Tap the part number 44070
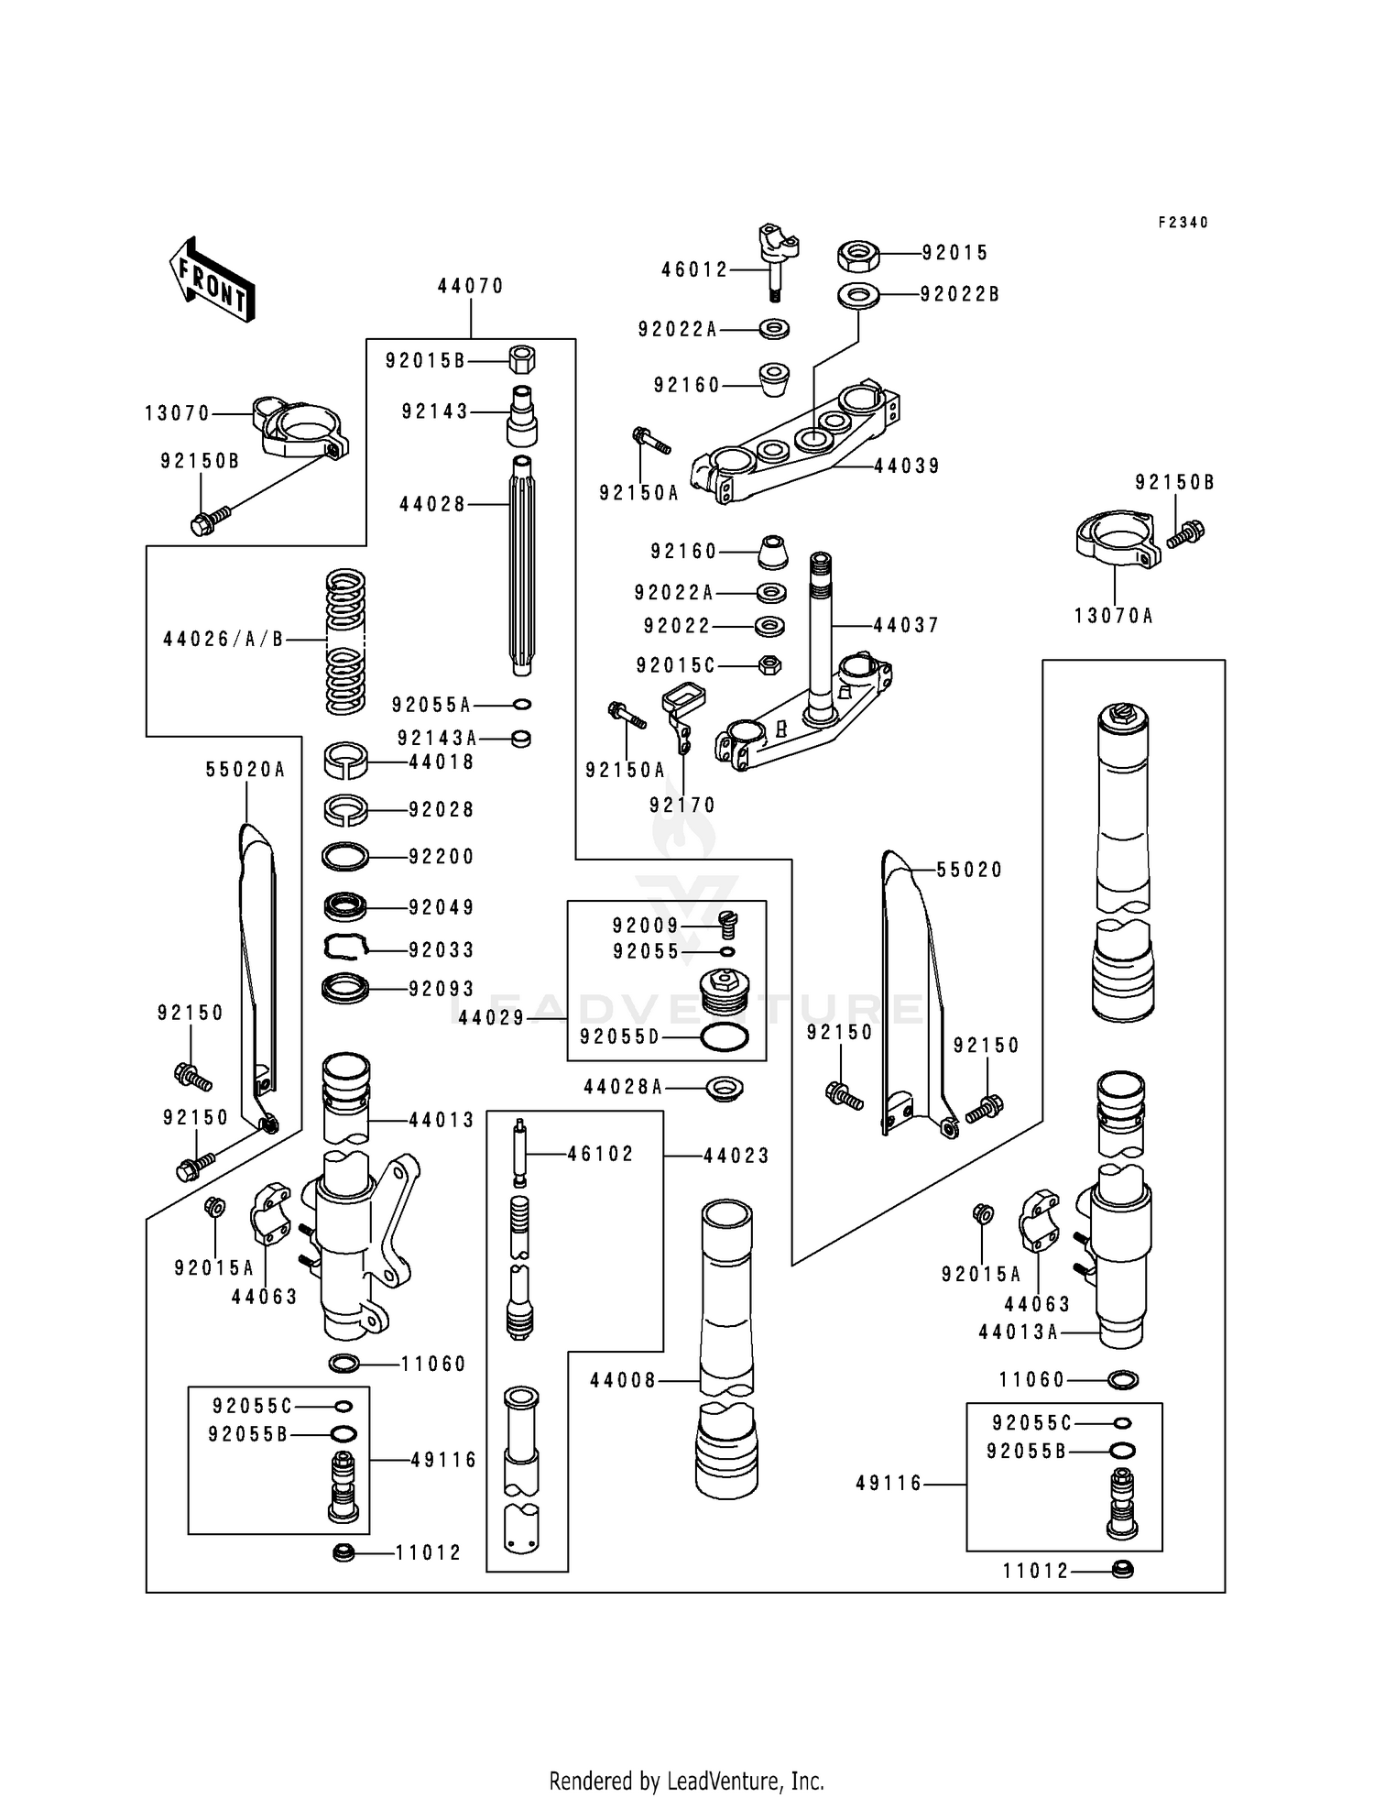(x=471, y=286)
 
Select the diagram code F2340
(x=1183, y=223)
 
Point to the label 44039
(x=907, y=466)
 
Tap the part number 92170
(x=682, y=805)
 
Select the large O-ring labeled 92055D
(x=724, y=1037)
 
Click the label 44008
(x=623, y=1380)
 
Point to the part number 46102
(x=600, y=1155)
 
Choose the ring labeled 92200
(x=345, y=857)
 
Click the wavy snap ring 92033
(x=345, y=948)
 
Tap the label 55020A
(x=245, y=770)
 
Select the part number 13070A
(x=1114, y=616)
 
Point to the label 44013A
(x=1018, y=1332)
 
